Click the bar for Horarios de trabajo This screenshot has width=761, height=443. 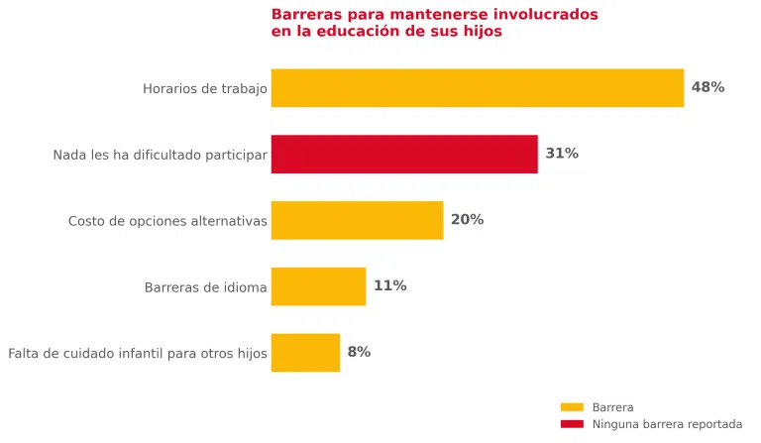point(478,88)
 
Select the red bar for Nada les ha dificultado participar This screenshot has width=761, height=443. point(404,154)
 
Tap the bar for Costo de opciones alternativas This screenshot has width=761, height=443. point(357,220)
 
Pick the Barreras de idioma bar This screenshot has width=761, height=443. point(318,286)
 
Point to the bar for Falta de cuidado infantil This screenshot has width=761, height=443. point(306,353)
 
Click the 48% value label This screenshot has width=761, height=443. point(708,87)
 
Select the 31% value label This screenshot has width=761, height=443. point(562,154)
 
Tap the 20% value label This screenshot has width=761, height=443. point(468,220)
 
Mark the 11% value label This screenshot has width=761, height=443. point(390,285)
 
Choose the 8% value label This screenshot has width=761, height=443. point(359,352)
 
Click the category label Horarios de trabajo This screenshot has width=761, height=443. point(205,89)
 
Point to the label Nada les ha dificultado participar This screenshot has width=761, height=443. point(161,155)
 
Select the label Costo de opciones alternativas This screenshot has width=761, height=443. point(167,221)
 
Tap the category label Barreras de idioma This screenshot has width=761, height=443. point(206,287)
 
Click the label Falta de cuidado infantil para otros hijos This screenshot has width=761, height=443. point(138,353)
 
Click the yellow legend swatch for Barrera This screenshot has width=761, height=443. point(572,407)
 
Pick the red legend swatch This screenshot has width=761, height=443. point(572,424)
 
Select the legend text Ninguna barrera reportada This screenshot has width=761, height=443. point(667,424)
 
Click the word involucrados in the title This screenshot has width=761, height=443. point(546,14)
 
